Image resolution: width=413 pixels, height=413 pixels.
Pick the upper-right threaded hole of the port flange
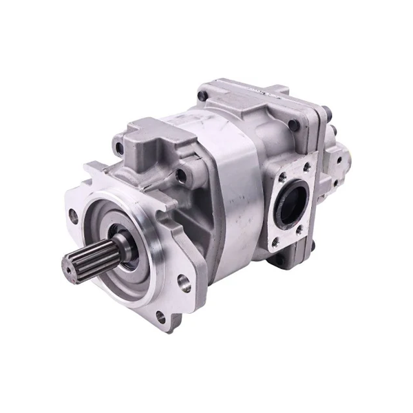point(306,166)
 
